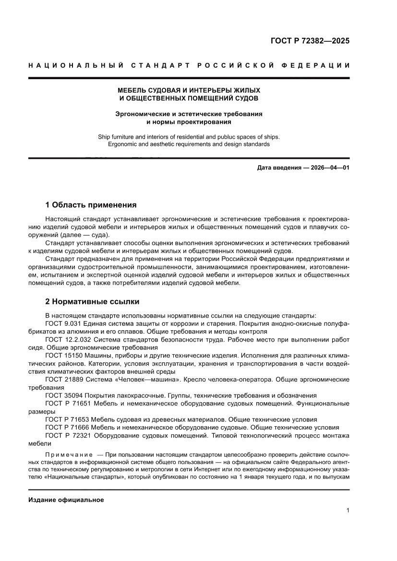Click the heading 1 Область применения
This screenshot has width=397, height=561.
coord(91,205)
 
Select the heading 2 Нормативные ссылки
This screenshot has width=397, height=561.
coord(92,302)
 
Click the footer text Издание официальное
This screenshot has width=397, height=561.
coord(66,500)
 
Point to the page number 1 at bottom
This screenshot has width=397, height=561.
coord(347,511)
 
